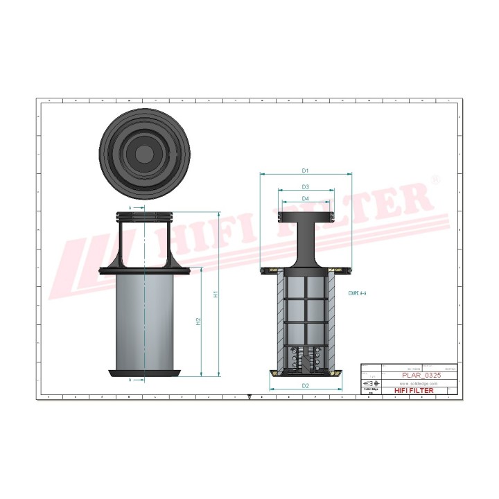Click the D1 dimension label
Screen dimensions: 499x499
point(305,170)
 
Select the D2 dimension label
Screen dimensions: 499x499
point(305,385)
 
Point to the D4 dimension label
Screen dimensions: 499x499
point(305,199)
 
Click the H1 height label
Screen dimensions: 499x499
point(216,294)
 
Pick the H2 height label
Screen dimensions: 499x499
point(198,321)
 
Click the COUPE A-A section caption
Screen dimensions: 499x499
point(358,294)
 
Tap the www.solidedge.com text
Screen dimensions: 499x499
point(419,383)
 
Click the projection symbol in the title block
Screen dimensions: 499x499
point(371,383)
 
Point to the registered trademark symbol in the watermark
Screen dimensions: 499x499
point(435,180)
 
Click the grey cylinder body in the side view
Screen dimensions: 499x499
point(146,319)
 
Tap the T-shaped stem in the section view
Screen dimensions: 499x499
point(305,239)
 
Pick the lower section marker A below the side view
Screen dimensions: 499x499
point(130,380)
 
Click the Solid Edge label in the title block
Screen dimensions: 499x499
point(371,390)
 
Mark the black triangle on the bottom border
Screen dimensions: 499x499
point(249,397)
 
